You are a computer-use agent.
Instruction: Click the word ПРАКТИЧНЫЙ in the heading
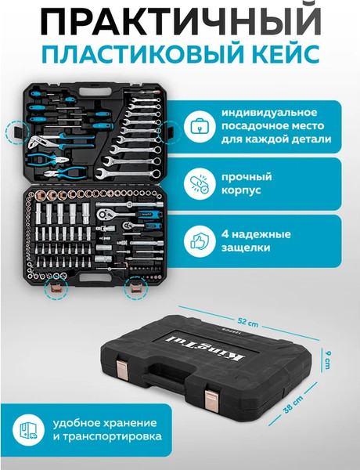coord(180,23)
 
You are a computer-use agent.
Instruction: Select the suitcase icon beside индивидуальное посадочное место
coord(200,125)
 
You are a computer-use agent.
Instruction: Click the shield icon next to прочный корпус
coord(200,185)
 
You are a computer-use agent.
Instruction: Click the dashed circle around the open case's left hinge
coord(16,131)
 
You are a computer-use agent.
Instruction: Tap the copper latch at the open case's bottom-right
coord(135,291)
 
